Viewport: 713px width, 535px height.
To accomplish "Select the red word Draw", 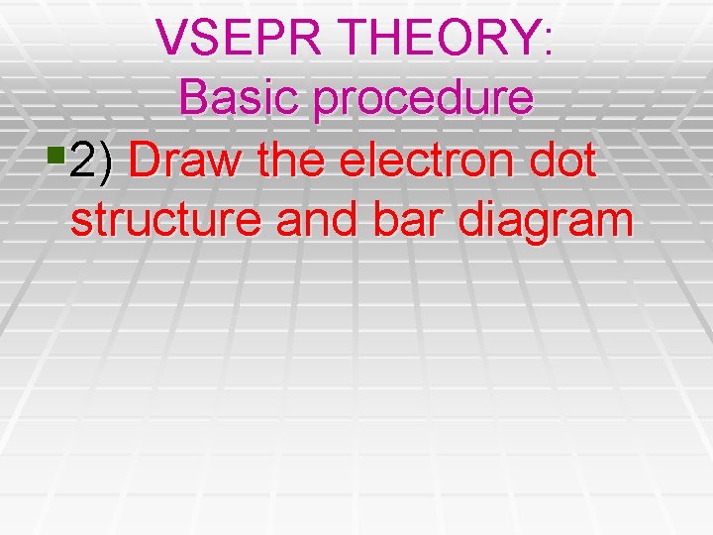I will [x=186, y=160].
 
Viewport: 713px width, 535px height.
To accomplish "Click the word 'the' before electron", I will [x=291, y=160].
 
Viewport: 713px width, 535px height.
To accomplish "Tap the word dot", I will [x=563, y=160].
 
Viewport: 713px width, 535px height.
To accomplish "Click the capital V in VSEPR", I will [x=172, y=38].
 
